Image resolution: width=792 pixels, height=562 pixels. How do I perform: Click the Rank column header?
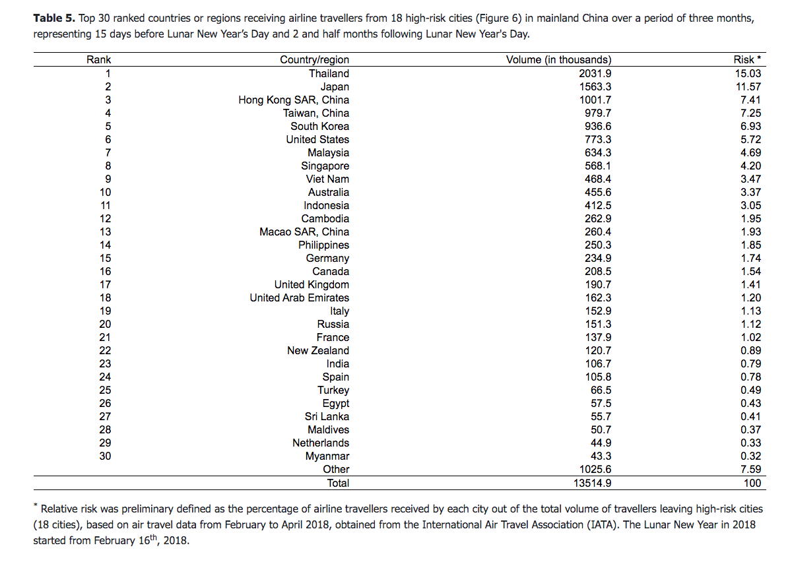click(99, 60)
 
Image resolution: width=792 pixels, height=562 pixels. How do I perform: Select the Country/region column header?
click(314, 60)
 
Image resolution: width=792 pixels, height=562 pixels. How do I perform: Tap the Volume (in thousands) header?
click(558, 60)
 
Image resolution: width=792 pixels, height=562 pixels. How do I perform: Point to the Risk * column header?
click(747, 60)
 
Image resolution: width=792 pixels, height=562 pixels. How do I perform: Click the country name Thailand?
click(329, 73)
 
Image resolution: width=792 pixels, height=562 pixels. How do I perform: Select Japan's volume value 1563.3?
click(595, 86)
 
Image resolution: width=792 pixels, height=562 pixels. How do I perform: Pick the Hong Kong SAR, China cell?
click(294, 100)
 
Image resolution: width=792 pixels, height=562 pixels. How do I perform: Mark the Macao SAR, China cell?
click(304, 232)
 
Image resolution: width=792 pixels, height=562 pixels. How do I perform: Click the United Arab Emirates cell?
click(299, 297)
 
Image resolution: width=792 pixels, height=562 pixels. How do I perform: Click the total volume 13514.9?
click(593, 483)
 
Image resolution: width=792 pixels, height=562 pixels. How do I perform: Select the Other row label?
click(336, 469)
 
